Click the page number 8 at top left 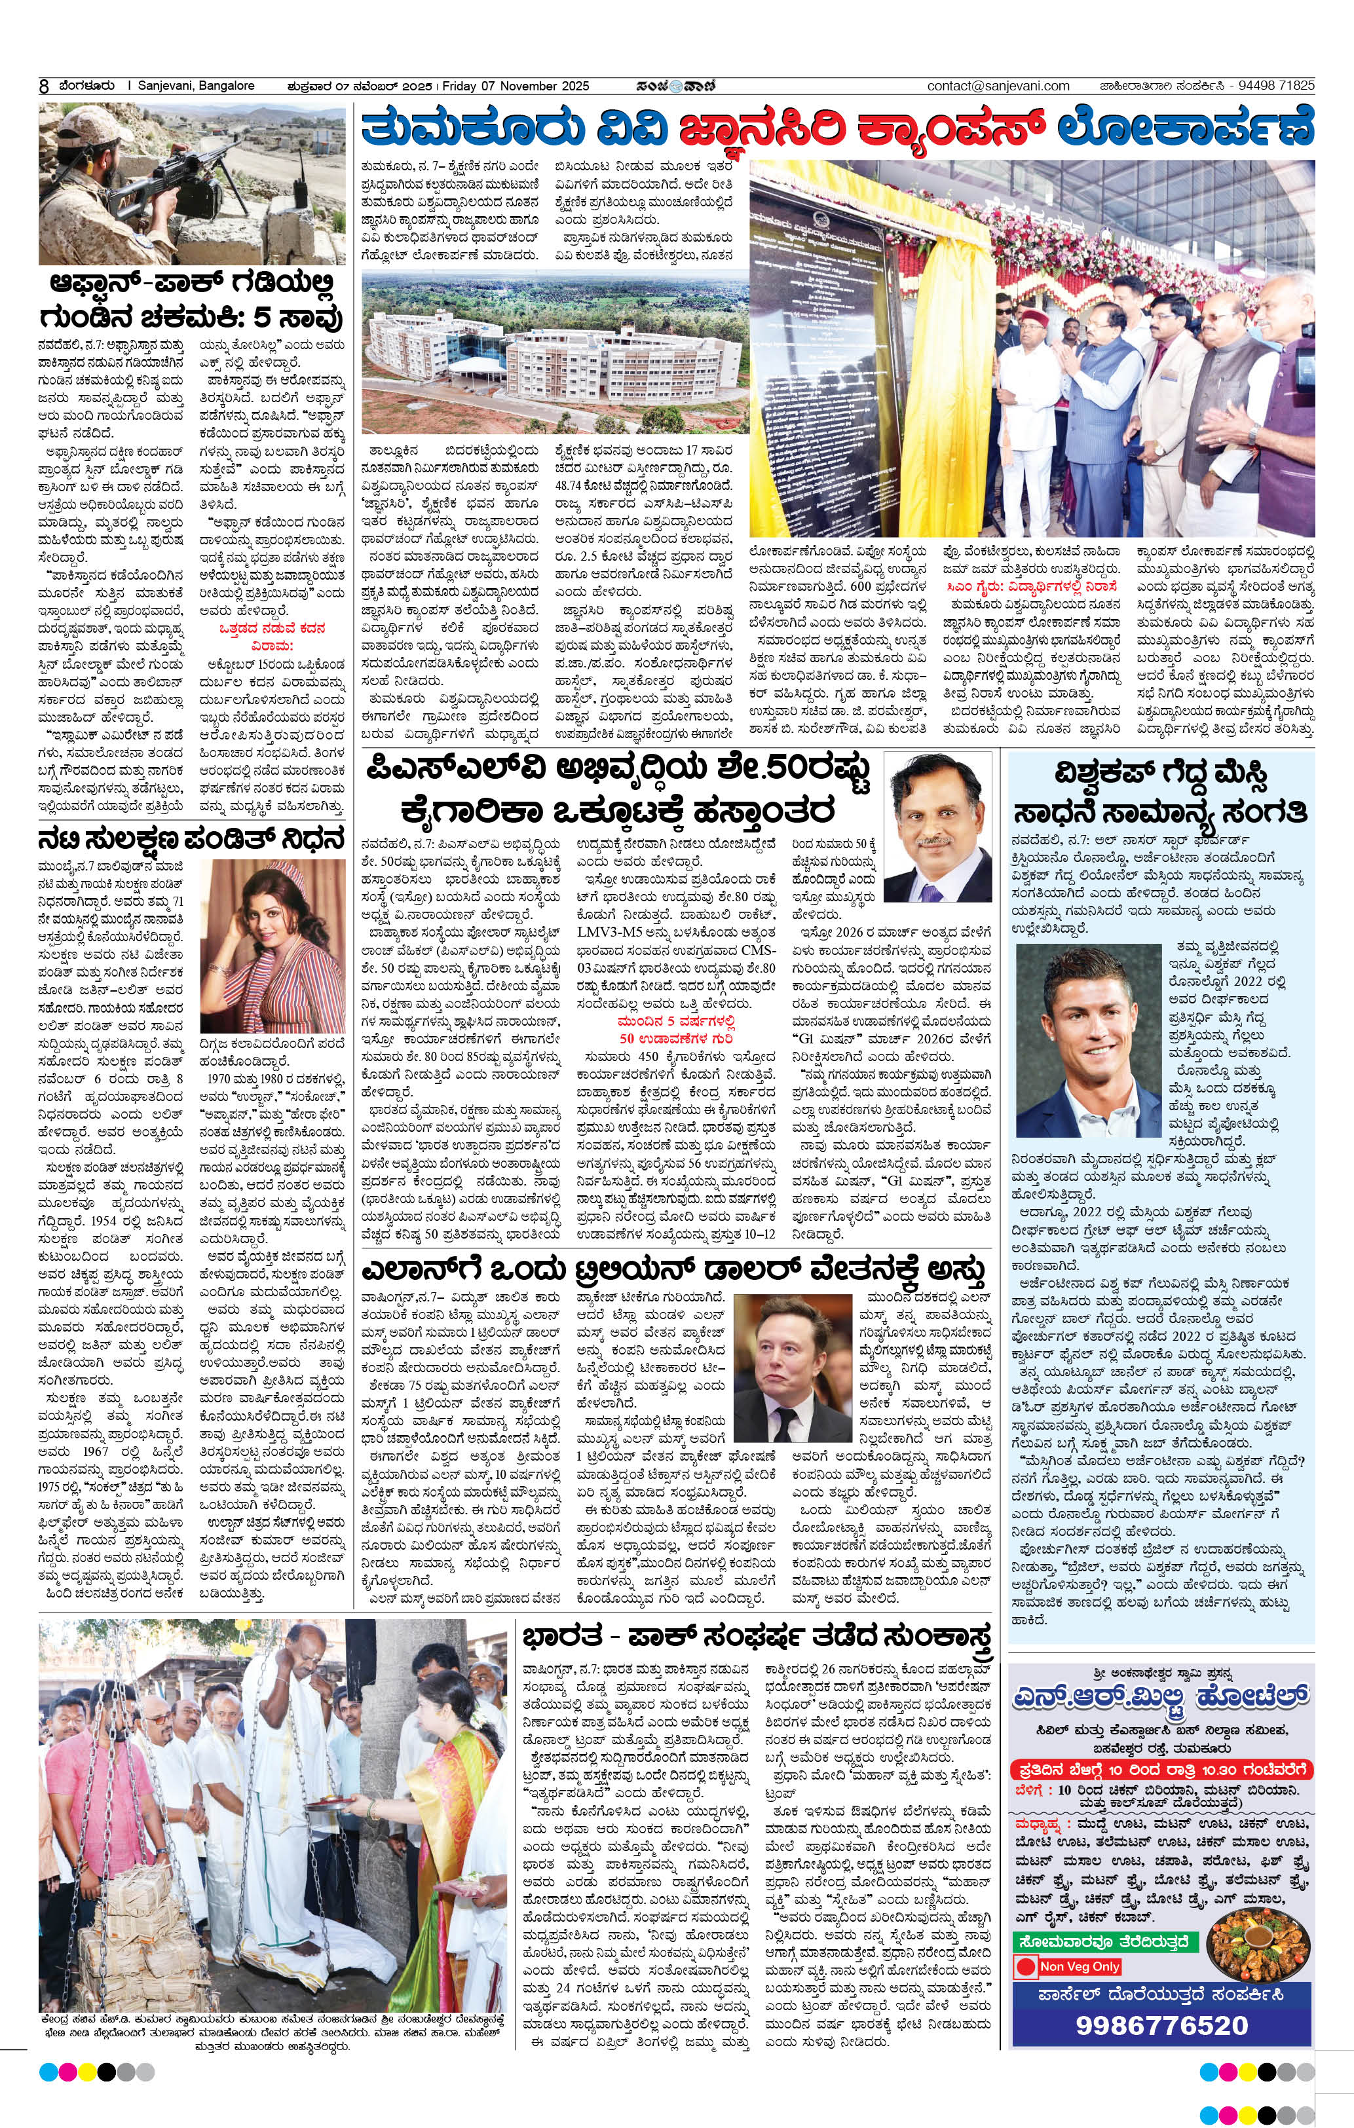point(43,86)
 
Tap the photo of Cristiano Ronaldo point(1087,1040)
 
